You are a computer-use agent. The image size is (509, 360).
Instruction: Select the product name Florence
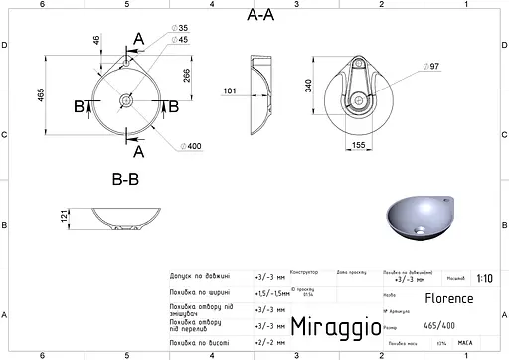[x=449, y=298]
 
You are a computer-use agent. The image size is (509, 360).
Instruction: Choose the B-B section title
[x=123, y=180]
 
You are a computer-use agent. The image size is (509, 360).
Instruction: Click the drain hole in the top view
[x=126, y=100]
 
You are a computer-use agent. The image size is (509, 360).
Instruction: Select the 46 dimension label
[x=96, y=41]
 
